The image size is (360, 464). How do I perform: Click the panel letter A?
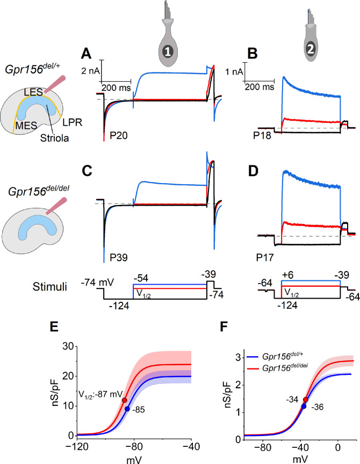click(x=86, y=54)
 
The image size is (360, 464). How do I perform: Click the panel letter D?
click(x=253, y=171)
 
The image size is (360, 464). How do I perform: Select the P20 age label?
click(x=118, y=135)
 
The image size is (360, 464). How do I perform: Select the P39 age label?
click(x=118, y=257)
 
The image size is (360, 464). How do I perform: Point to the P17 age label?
click(x=265, y=257)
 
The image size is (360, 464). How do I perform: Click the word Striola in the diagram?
click(x=54, y=138)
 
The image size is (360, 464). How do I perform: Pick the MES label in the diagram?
click(x=26, y=126)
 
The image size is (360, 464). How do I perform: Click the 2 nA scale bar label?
click(x=91, y=71)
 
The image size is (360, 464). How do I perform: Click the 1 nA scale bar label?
click(x=234, y=71)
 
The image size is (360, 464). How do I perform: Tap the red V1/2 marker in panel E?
click(x=124, y=400)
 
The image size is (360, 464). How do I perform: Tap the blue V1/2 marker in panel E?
click(x=127, y=409)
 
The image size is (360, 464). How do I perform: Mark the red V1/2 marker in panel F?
click(x=306, y=400)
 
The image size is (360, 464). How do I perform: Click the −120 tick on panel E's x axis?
click(x=77, y=446)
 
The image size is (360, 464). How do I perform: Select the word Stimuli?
click(x=50, y=287)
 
